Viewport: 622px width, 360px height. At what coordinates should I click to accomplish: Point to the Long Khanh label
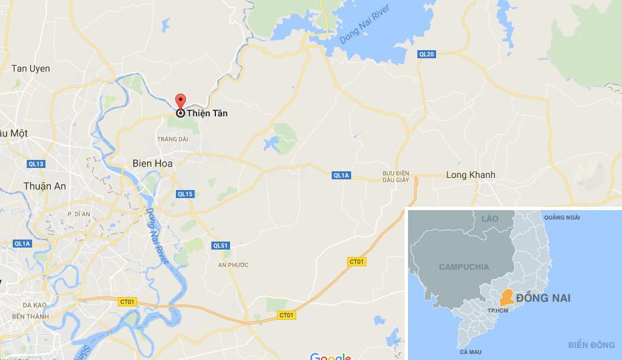pos(471,175)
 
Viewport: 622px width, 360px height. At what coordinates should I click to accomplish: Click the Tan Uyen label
pos(31,69)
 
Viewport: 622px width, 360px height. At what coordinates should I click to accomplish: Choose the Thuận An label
pos(45,187)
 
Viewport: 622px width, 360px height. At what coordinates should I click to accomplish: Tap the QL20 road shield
pos(426,54)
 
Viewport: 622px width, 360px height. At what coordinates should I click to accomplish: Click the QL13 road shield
pos(36,164)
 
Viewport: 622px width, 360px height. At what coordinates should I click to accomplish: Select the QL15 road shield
pos(185,194)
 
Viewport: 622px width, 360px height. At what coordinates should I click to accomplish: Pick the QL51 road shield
pos(220,246)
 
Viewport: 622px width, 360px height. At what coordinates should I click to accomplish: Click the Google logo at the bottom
pos(330,355)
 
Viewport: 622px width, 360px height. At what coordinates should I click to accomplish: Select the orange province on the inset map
pos(510,296)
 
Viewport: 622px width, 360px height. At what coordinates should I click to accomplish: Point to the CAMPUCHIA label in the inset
pos(463,267)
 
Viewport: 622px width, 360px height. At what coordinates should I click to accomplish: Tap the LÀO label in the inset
pos(490,219)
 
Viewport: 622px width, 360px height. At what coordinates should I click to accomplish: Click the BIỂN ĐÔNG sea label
pos(591,345)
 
